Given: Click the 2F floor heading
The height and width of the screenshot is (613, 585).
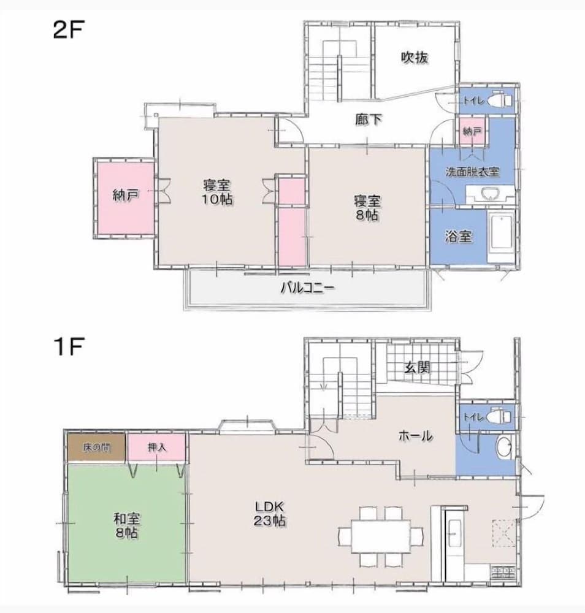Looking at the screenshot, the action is (x=69, y=29).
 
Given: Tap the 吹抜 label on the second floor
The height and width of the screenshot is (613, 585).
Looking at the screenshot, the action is (x=415, y=58).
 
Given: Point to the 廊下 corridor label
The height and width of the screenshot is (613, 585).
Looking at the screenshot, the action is (x=369, y=120).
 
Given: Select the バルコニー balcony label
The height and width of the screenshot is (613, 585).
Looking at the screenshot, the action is (x=308, y=289).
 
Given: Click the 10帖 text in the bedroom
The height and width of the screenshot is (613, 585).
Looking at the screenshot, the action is (x=217, y=199).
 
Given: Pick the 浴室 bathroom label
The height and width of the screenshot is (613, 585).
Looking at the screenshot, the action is (x=458, y=236).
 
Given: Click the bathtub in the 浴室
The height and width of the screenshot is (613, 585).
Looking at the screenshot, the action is (x=502, y=232).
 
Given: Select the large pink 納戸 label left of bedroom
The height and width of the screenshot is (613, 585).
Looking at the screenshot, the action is (x=126, y=195).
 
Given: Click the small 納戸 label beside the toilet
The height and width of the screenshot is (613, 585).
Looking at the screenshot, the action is (x=472, y=132).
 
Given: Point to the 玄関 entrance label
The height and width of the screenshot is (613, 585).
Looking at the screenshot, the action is (x=417, y=367).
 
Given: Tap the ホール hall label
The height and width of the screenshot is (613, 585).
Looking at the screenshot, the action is (x=415, y=435).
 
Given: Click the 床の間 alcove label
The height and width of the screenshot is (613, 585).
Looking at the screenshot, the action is (x=96, y=447).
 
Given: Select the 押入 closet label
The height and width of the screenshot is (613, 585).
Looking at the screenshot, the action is (x=157, y=447).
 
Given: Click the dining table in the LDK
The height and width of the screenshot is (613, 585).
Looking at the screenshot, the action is (x=381, y=536).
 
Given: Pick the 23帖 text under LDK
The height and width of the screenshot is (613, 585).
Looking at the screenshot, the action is (x=269, y=520).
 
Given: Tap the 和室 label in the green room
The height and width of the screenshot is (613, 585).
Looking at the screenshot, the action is (x=126, y=519).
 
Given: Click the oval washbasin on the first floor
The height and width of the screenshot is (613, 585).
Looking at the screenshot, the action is (x=503, y=448).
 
